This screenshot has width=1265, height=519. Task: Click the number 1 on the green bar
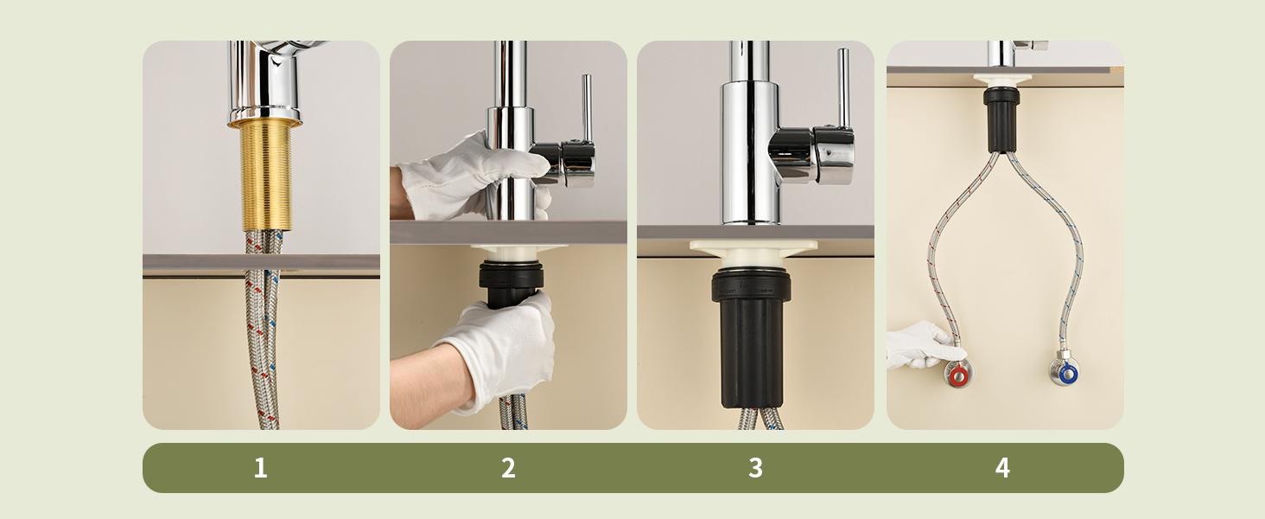260,468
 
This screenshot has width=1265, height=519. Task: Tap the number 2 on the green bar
508,468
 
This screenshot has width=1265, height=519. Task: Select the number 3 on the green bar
755,468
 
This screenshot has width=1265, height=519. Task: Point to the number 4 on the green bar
1002,468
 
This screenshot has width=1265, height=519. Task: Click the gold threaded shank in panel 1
265,176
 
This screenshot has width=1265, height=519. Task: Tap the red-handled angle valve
957,373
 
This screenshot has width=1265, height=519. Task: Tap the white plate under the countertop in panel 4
1002,80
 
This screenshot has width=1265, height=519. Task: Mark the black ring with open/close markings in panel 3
751,285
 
